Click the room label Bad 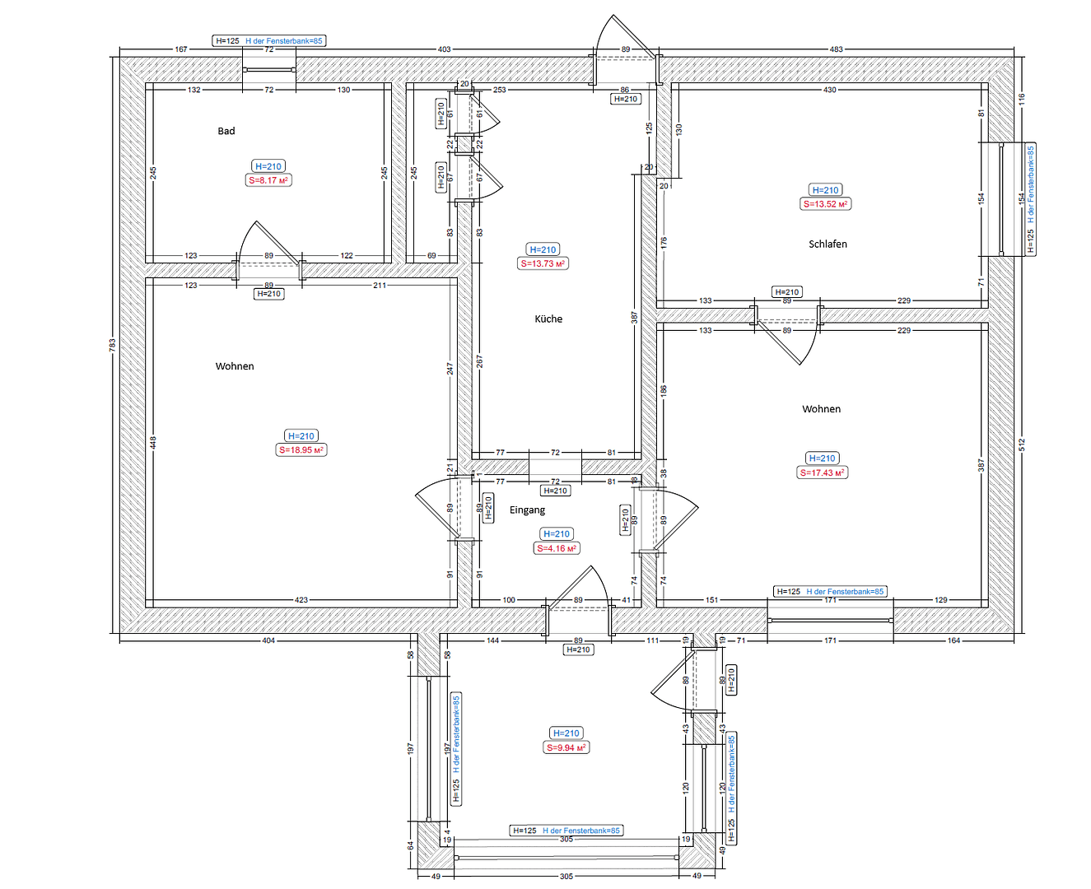226,131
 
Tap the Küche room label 548,319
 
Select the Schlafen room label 828,244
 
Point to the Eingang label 527,510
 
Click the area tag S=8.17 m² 268,180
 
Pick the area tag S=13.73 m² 543,263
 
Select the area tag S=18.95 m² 301,450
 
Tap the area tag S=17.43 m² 822,472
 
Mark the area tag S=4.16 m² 557,548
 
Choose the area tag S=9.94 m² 566,747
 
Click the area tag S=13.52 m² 825,204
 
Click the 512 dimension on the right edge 1022,444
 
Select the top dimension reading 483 836,49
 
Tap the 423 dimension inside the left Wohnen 301,600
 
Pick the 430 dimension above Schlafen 829,90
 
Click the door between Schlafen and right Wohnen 786,337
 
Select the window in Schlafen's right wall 1000,198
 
